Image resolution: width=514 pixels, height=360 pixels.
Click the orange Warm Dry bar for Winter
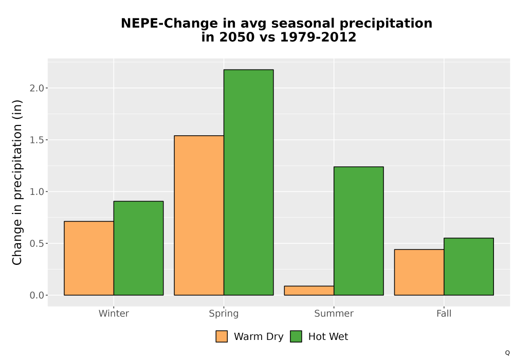(x=89, y=258)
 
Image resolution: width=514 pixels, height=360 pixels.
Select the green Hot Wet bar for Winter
(x=138, y=248)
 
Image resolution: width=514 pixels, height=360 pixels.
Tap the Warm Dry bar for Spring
(x=199, y=215)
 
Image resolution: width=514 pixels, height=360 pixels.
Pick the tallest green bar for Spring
(x=248, y=182)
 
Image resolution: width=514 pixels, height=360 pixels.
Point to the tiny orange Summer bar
(x=309, y=291)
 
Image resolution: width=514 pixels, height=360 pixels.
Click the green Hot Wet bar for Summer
(x=359, y=231)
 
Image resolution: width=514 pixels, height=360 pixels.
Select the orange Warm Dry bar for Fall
(x=419, y=273)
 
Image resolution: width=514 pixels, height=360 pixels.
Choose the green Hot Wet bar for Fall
(x=469, y=266)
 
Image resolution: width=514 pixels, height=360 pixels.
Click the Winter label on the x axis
(x=114, y=313)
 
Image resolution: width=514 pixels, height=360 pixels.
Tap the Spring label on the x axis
(x=224, y=314)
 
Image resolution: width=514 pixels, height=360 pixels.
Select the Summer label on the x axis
(x=334, y=313)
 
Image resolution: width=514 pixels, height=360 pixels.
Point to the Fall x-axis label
(x=444, y=313)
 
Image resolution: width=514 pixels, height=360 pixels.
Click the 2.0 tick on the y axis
(x=36, y=88)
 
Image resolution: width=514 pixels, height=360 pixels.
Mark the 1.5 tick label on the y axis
(x=36, y=140)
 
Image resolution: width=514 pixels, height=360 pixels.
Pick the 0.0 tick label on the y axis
(x=36, y=295)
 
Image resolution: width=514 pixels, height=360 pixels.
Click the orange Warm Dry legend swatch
(x=222, y=336)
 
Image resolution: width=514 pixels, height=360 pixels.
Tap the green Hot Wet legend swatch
(x=296, y=336)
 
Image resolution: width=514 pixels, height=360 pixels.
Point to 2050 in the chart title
(x=237, y=37)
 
